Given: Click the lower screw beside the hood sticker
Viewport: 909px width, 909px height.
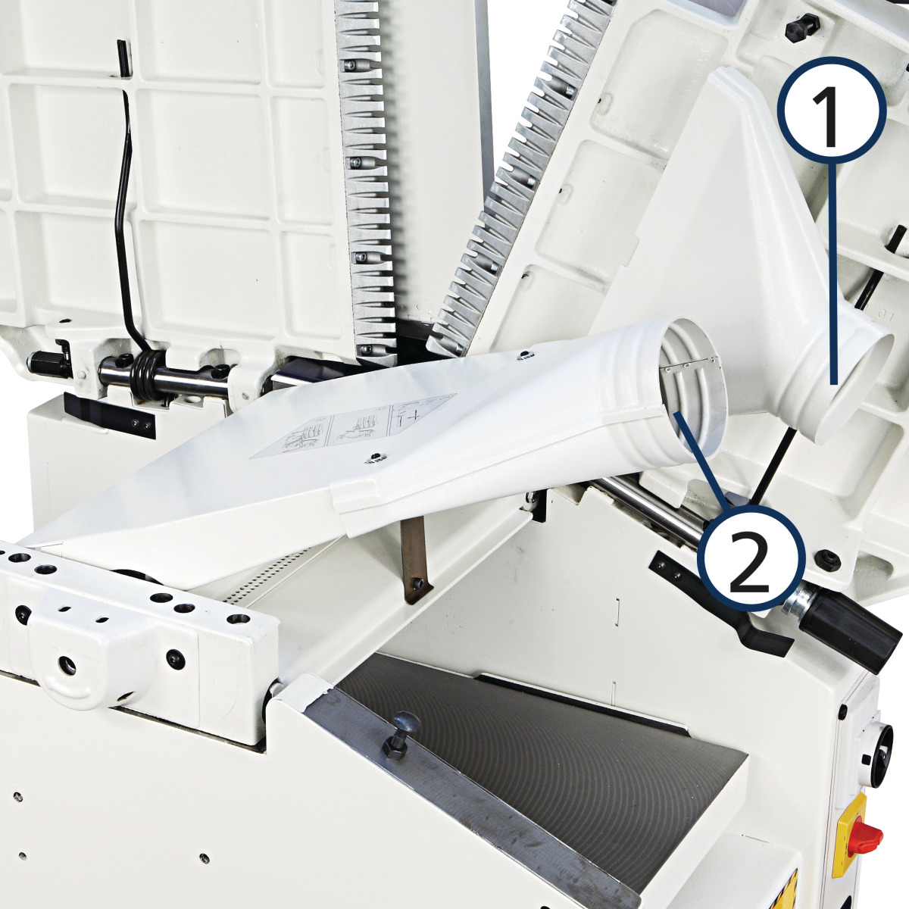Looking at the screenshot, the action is click(x=374, y=457).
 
